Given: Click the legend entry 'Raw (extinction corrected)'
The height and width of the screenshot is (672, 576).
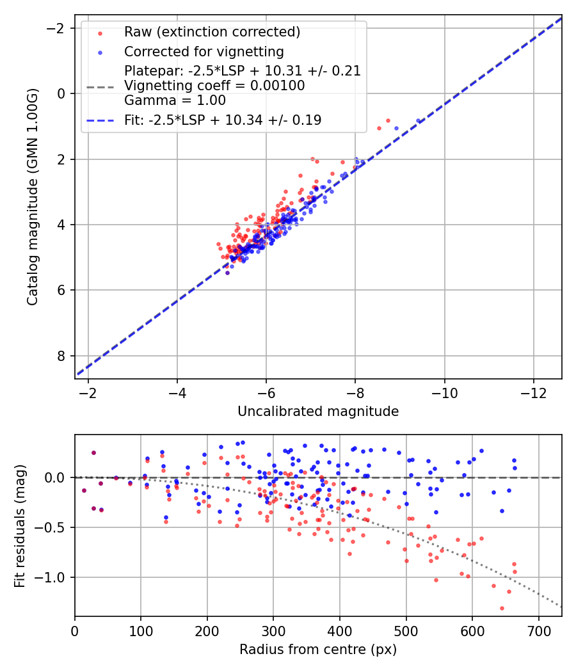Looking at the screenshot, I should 212,32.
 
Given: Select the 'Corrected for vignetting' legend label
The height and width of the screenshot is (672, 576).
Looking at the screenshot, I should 204,51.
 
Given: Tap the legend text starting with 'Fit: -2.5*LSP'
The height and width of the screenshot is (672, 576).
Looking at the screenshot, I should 223,120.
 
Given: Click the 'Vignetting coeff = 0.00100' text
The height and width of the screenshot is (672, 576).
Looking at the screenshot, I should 214,86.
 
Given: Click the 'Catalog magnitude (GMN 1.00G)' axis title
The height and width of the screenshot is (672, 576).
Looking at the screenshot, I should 33,197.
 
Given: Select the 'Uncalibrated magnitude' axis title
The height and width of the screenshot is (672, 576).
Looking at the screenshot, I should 318,412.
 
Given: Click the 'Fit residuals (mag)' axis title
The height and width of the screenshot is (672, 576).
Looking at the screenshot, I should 20,525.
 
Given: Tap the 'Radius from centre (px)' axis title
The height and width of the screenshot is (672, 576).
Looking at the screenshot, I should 318,650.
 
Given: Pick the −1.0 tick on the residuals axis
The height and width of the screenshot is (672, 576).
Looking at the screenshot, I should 54,577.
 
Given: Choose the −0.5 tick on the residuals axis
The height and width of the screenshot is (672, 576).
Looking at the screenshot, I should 54,527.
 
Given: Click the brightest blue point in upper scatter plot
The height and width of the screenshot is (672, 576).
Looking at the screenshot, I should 419,120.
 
